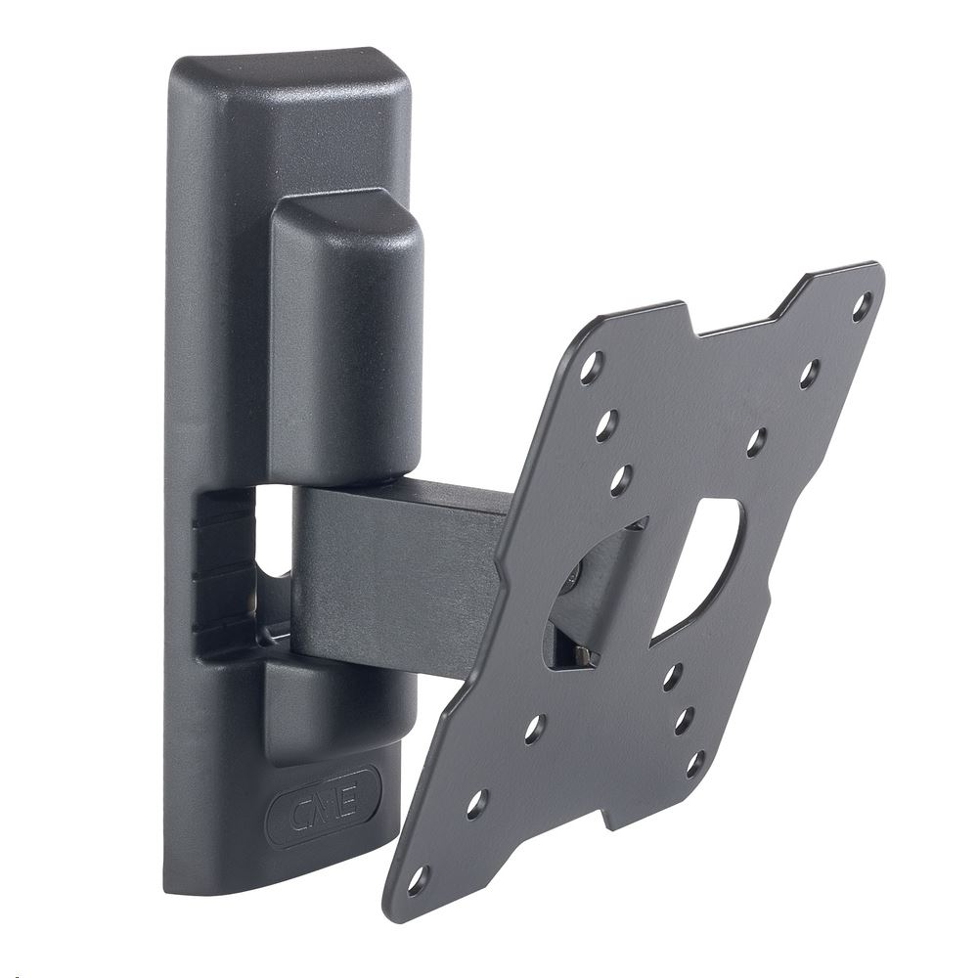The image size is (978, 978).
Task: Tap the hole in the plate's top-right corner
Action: coord(862,306)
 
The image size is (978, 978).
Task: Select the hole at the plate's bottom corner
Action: coord(418,879)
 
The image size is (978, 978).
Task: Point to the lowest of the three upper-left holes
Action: coord(620,479)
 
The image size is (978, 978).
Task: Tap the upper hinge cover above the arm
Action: coord(347,333)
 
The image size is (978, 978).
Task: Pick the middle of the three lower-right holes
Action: coord(685,720)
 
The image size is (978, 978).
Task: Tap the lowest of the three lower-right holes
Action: coord(695,764)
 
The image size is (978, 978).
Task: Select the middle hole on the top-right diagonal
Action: coord(809,374)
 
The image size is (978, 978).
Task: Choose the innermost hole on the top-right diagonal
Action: coord(757,441)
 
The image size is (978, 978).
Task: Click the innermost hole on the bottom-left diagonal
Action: coord(534,729)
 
